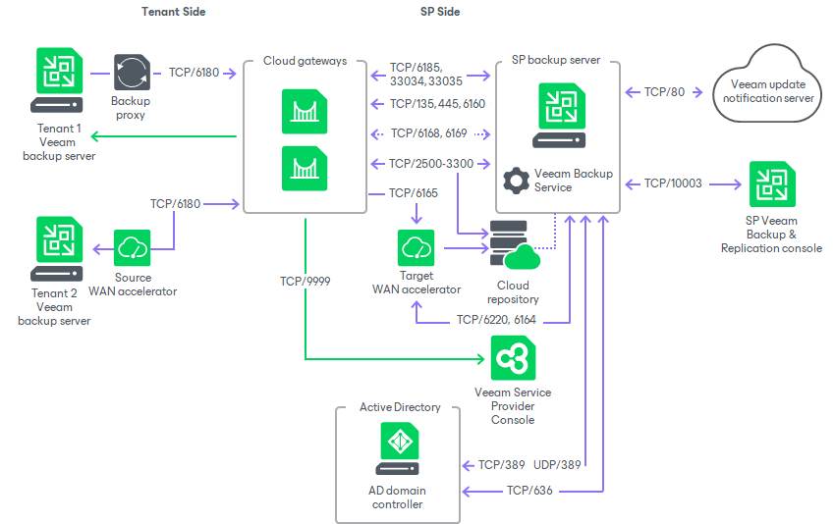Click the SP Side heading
coord(439,12)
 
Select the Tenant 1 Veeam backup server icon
coord(60,81)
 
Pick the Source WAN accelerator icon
coord(132,249)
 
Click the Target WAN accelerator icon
coord(417,248)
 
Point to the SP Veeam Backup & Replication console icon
coord(771,185)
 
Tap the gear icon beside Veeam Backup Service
coord(515,181)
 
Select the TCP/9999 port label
coord(305,281)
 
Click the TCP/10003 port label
coord(673,183)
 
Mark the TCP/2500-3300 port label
coord(431,163)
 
